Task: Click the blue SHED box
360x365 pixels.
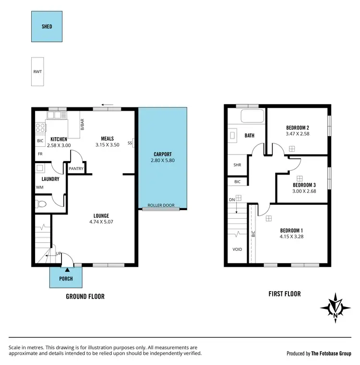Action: click(x=47, y=27)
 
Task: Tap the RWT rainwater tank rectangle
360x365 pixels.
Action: click(x=37, y=72)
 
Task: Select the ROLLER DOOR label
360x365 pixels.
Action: click(x=161, y=205)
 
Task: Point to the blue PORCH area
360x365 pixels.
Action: click(x=66, y=278)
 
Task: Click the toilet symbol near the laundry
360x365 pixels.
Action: click(x=41, y=204)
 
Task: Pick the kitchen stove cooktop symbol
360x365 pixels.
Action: click(x=40, y=128)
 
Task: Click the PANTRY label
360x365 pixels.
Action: click(x=76, y=169)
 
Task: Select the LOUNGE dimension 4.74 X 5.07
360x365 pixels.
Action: click(x=101, y=222)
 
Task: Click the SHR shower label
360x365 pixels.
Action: click(x=237, y=165)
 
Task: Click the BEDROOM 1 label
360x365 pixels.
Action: click(x=292, y=230)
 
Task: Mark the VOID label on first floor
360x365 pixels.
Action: click(x=237, y=250)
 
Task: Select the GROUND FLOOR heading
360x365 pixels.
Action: click(x=85, y=296)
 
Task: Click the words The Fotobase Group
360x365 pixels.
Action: click(x=332, y=353)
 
